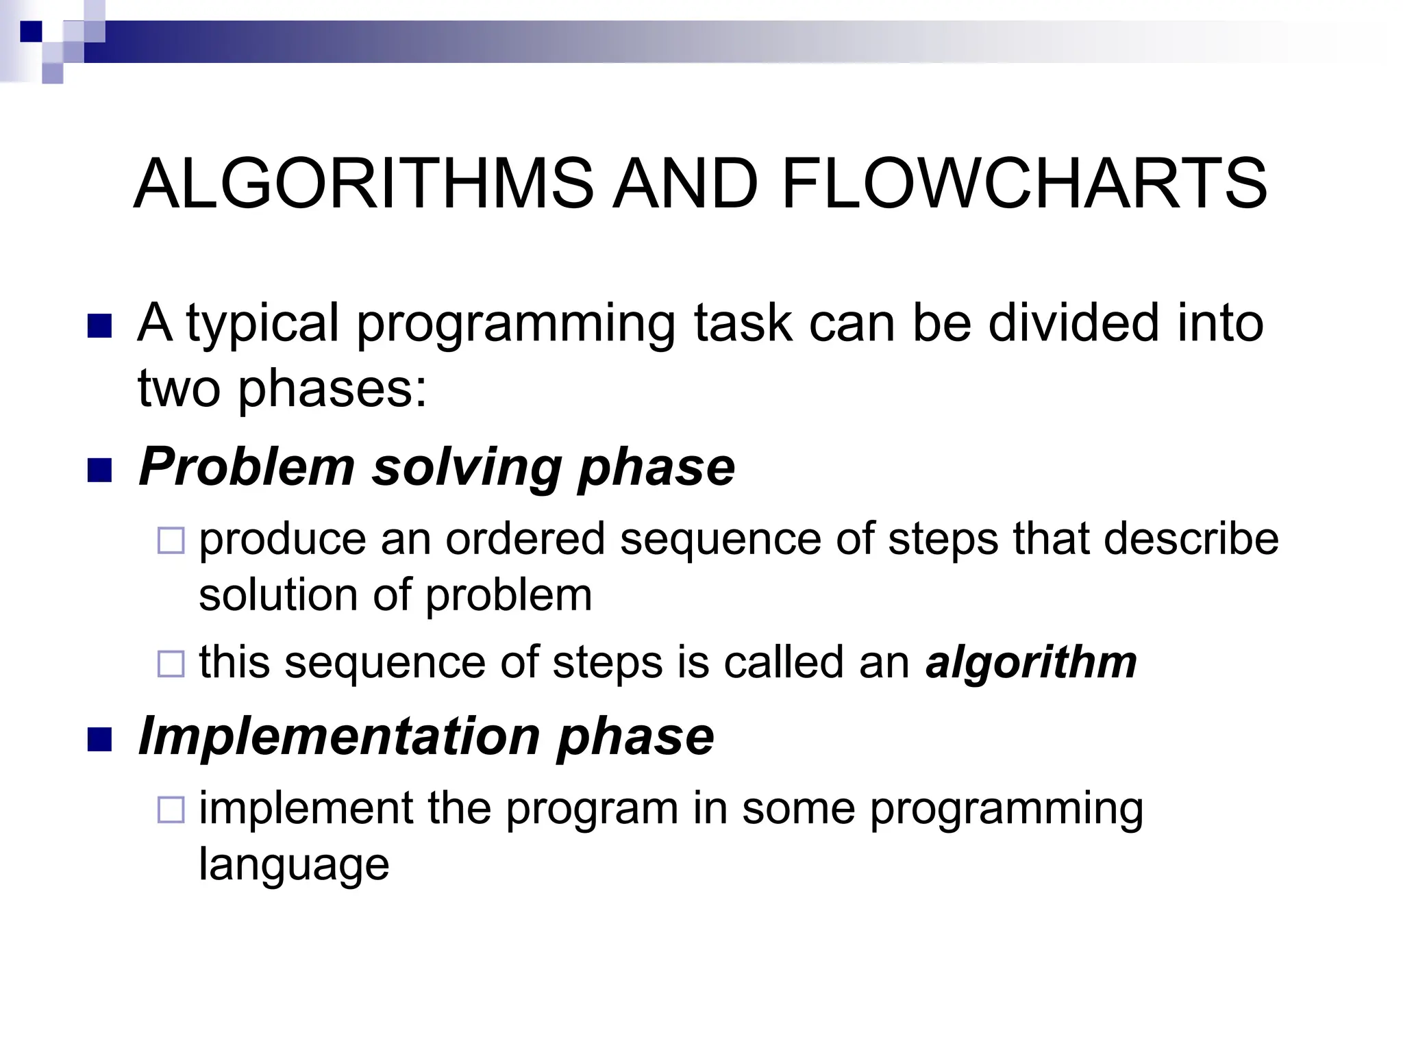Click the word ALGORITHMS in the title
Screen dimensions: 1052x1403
coord(363,185)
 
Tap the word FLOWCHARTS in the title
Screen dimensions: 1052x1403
coord(1023,185)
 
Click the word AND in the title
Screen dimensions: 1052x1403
coord(685,185)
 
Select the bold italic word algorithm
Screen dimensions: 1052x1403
coord(1030,663)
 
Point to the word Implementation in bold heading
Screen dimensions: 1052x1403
coord(339,737)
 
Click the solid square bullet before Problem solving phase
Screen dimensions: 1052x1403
coord(100,471)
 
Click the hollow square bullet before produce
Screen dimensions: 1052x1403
coord(171,540)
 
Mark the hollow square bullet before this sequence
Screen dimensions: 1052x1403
coord(171,664)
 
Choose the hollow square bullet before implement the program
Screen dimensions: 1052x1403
coord(171,810)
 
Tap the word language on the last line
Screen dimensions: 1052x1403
coord(294,864)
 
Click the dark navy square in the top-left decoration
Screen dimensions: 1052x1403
coord(31,32)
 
